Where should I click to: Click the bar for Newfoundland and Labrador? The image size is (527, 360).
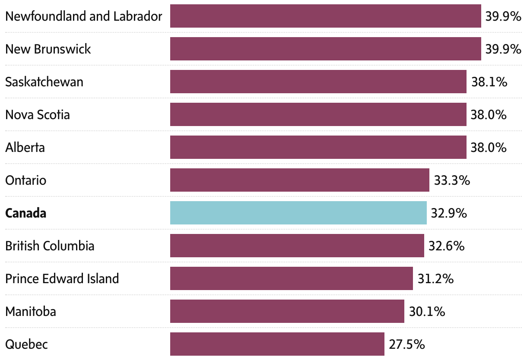(325, 16)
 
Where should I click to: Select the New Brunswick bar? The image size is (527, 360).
(325, 49)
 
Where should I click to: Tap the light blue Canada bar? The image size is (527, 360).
(298, 213)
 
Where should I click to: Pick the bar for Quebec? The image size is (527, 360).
(277, 344)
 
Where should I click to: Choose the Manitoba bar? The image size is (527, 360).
(287, 311)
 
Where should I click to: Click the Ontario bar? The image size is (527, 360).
(299, 180)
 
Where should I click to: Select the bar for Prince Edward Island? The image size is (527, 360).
(291, 278)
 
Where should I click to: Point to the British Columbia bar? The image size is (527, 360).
(297, 246)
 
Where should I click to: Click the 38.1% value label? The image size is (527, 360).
(489, 82)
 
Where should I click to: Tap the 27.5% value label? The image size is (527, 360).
(407, 344)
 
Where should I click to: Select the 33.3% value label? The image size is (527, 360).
(452, 180)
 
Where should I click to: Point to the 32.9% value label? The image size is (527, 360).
(449, 213)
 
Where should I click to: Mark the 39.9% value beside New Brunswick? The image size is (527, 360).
(503, 49)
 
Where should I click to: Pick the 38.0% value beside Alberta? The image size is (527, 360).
(489, 148)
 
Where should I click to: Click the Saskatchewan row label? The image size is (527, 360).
(44, 82)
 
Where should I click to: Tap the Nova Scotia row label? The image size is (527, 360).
(38, 115)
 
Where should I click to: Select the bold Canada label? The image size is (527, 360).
(26, 213)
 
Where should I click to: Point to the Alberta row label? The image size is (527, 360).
(25, 148)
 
